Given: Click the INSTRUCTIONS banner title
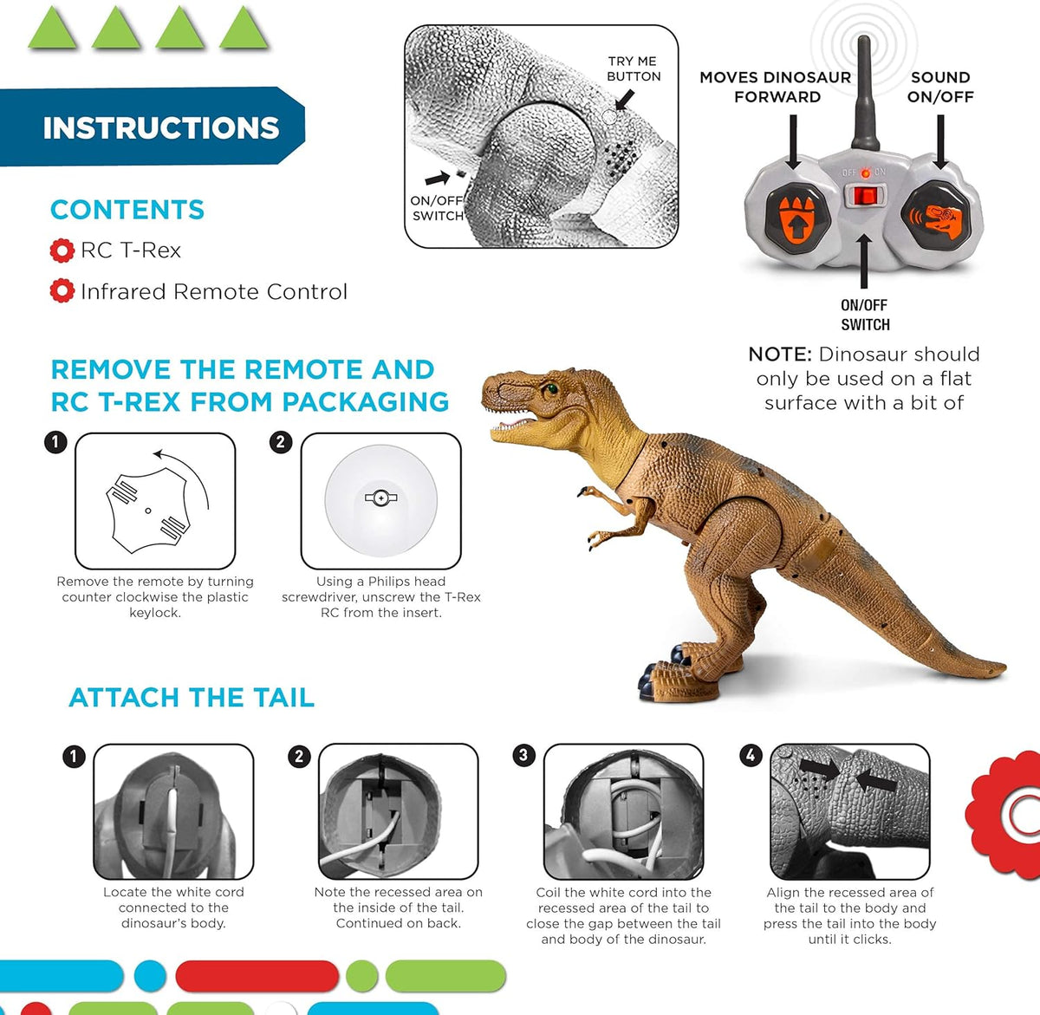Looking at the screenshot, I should [x=161, y=128].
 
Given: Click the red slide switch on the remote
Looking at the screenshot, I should [x=863, y=196].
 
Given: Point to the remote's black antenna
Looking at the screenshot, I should [x=864, y=95].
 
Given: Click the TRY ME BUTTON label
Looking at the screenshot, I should [x=634, y=68].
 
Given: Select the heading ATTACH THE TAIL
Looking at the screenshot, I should [x=192, y=698].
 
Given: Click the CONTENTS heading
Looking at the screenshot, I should [x=127, y=210].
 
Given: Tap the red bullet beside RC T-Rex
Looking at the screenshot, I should [x=62, y=250].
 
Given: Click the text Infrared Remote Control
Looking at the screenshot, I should [x=213, y=292].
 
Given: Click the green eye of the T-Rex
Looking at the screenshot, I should [x=549, y=388].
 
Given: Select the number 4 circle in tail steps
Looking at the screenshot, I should [x=751, y=755].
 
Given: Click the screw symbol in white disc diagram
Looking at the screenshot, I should [x=380, y=498].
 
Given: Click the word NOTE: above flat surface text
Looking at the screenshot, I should [x=780, y=355].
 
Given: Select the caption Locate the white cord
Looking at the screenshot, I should [x=173, y=908].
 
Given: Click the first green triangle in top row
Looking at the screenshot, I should [x=53, y=29].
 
